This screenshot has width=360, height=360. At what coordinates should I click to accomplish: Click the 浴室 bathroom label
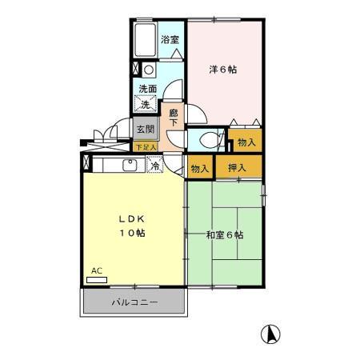(x=169, y=39)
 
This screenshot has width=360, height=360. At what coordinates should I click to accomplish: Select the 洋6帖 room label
(x=223, y=70)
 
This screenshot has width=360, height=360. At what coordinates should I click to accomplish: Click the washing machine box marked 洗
(x=146, y=104)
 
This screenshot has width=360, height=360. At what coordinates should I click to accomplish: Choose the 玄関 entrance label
(x=144, y=130)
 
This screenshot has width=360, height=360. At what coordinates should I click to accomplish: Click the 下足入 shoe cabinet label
(x=145, y=147)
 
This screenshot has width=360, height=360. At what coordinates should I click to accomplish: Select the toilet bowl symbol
(x=209, y=138)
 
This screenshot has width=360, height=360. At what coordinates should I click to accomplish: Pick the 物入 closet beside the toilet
(x=246, y=142)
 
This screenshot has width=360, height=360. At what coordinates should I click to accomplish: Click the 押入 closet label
(x=237, y=168)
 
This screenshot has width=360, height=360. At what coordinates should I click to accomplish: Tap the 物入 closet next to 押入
(x=200, y=168)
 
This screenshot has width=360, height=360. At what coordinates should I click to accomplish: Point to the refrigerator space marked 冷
(x=156, y=166)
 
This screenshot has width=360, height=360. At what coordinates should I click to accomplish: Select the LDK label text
(x=132, y=218)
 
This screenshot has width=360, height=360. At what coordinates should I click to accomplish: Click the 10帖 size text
(x=133, y=233)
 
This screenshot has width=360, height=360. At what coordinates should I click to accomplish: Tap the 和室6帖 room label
(x=224, y=234)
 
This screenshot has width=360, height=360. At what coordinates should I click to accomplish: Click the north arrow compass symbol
(x=272, y=333)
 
